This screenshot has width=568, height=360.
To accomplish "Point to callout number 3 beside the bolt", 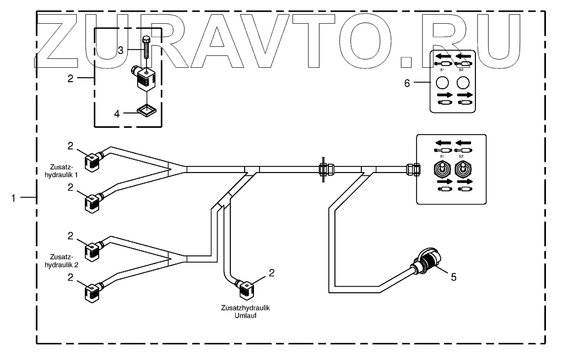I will pyautogui.click(x=120, y=50).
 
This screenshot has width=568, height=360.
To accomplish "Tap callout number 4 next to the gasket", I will pyautogui.click(x=117, y=114).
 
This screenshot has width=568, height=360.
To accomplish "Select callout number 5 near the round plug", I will pyautogui.click(x=453, y=277).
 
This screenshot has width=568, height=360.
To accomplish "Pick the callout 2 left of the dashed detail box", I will pyautogui.click(x=71, y=78).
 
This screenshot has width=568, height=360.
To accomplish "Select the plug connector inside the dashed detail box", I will pyautogui.click(x=145, y=80).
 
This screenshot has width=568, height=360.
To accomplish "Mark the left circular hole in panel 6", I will pyautogui.click(x=441, y=83).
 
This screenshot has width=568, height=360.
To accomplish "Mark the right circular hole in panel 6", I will pyautogui.click(x=463, y=83).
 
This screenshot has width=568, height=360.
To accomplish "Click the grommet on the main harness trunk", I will pyautogui.click(x=323, y=169).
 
